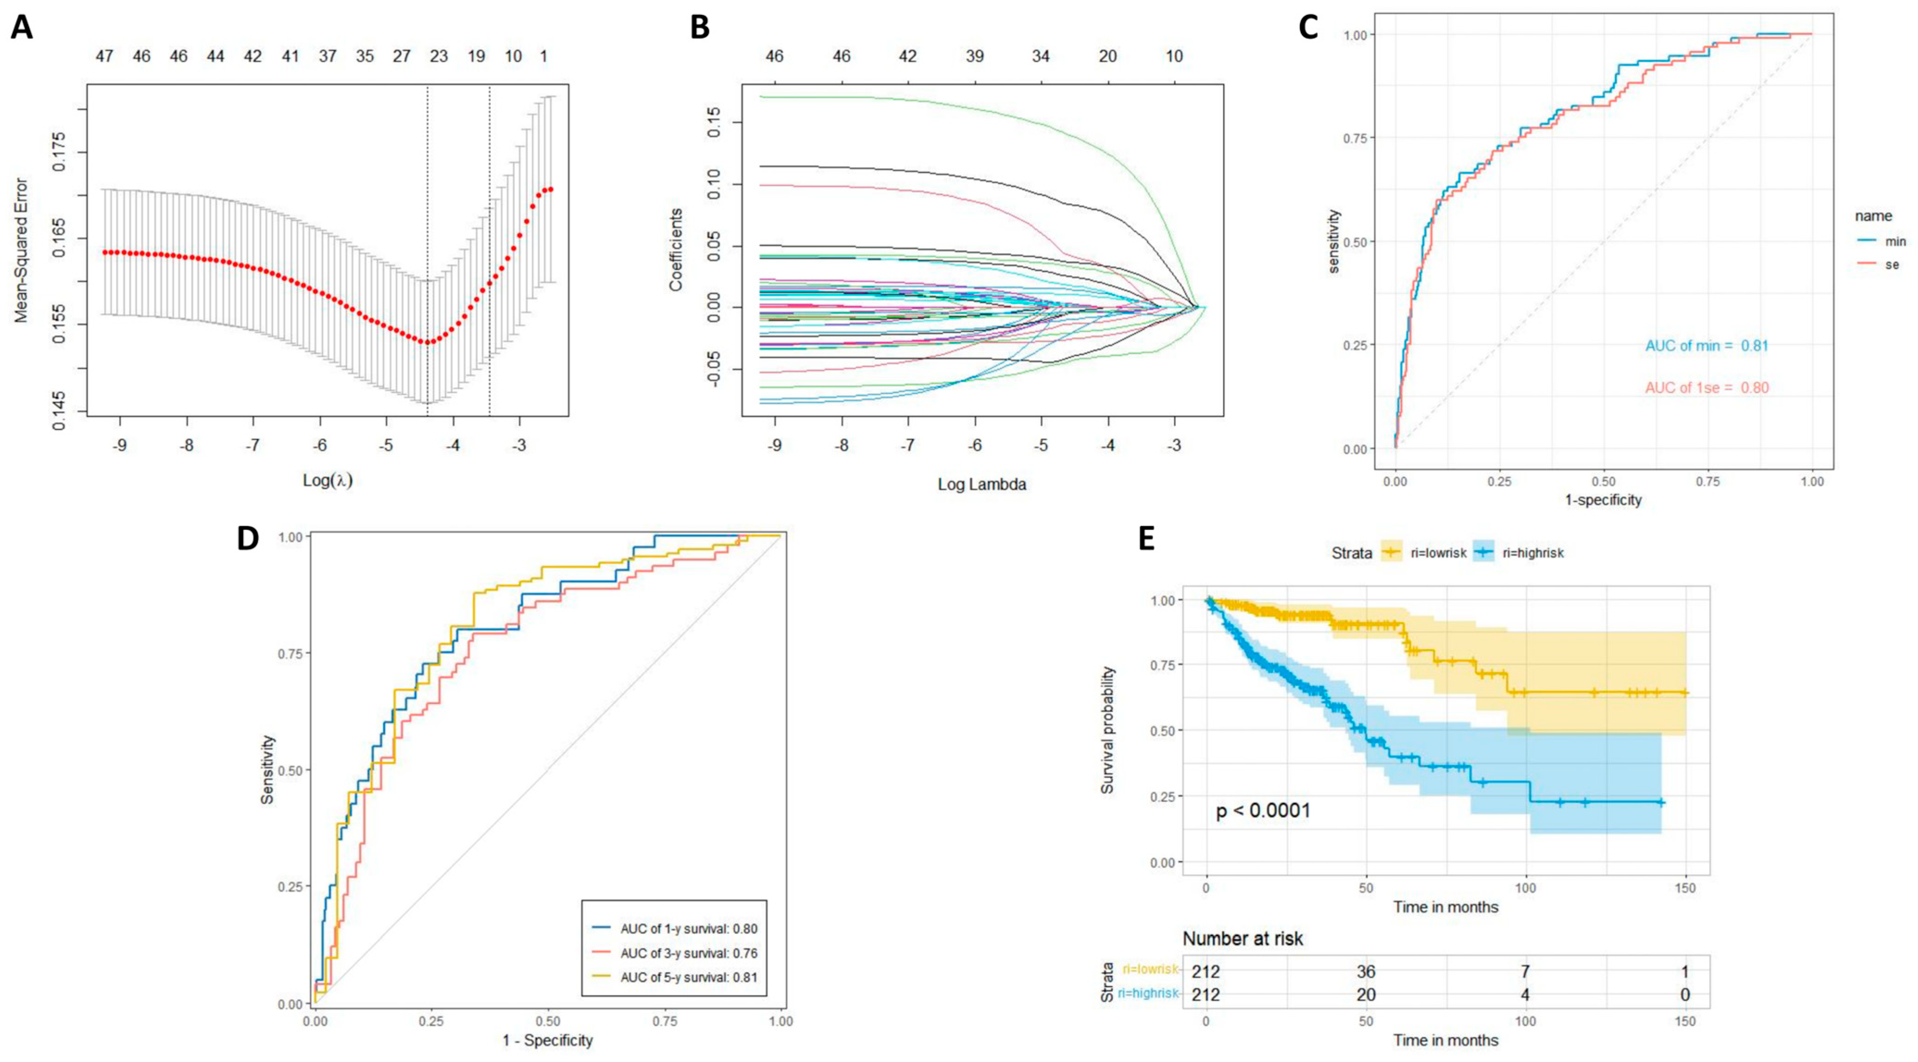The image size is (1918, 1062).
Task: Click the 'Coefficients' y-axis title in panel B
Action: [x=676, y=249]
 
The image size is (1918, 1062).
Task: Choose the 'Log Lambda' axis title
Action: [x=981, y=484]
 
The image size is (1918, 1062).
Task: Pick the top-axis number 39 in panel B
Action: [x=974, y=56]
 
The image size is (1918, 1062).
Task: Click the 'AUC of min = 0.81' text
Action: [x=1706, y=345]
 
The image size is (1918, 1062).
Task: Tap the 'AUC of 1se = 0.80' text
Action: [x=1706, y=388]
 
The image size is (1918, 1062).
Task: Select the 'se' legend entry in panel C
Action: [x=1891, y=264]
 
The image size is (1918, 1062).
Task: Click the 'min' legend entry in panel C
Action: [x=1895, y=241]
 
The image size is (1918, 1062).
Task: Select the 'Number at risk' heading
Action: [x=1243, y=938]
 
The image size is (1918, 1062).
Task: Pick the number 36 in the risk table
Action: [x=1366, y=971]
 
